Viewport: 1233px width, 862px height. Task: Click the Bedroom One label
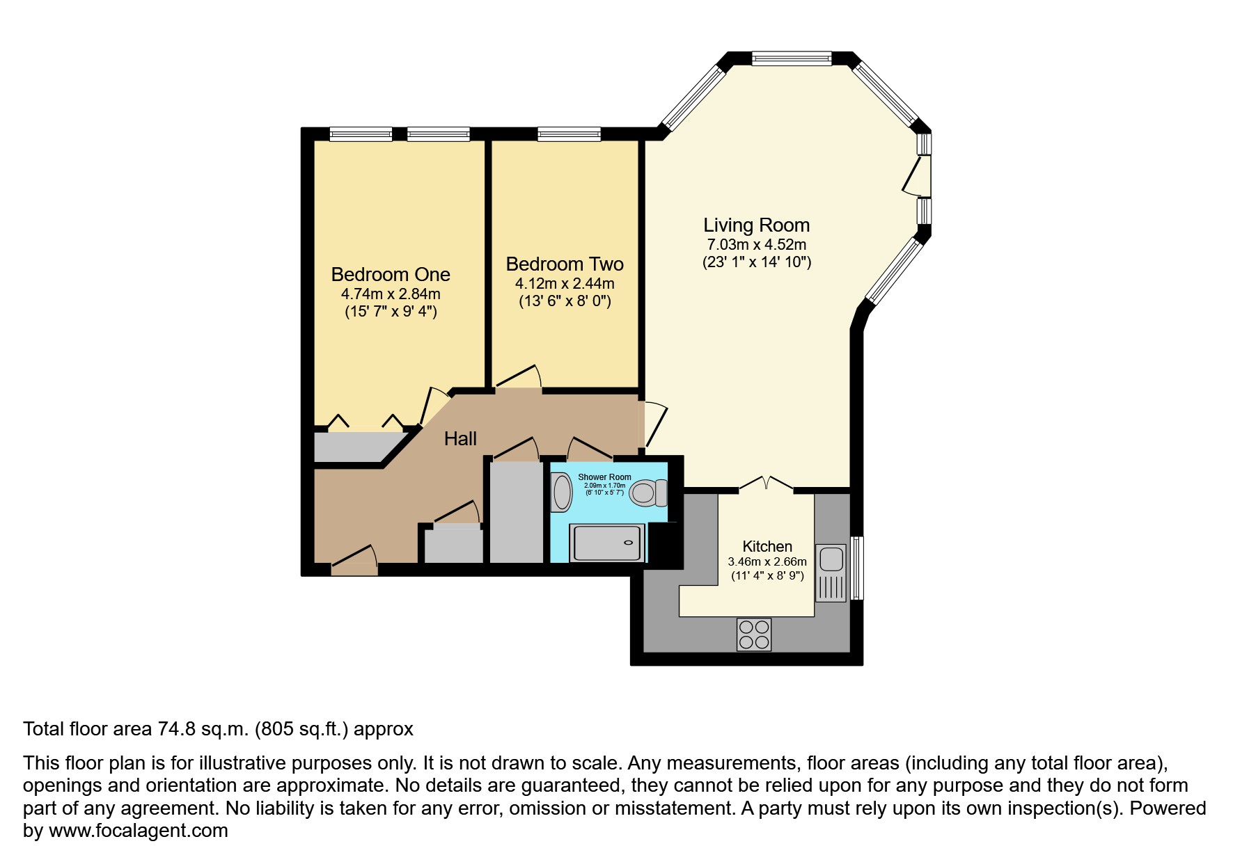pyautogui.click(x=390, y=274)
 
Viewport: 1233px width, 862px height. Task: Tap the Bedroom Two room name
pyautogui.click(x=564, y=264)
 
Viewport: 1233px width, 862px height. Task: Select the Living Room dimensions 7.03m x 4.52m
pyautogui.click(x=756, y=244)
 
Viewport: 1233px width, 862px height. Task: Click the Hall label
pyautogui.click(x=460, y=438)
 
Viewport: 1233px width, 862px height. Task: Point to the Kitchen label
pyautogui.click(x=767, y=546)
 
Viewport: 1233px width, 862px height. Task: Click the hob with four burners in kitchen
pyautogui.click(x=753, y=634)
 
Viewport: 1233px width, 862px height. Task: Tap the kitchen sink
pyautogui.click(x=831, y=559)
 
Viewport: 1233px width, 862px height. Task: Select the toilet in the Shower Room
pyautogui.click(x=647, y=493)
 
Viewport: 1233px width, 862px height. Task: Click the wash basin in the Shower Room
pyautogui.click(x=561, y=493)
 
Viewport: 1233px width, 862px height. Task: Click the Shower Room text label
pyautogui.click(x=604, y=477)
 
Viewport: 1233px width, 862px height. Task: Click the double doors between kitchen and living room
pyautogui.click(x=765, y=484)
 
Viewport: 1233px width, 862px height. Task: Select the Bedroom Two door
pyautogui.click(x=518, y=377)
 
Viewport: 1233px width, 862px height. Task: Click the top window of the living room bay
pyautogui.click(x=792, y=58)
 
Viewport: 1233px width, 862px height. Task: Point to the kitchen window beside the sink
pyautogui.click(x=857, y=567)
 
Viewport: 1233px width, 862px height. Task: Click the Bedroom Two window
pyautogui.click(x=569, y=134)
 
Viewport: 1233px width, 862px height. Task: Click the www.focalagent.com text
pyautogui.click(x=138, y=831)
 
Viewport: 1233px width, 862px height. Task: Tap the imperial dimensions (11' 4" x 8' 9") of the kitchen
pyautogui.click(x=767, y=576)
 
